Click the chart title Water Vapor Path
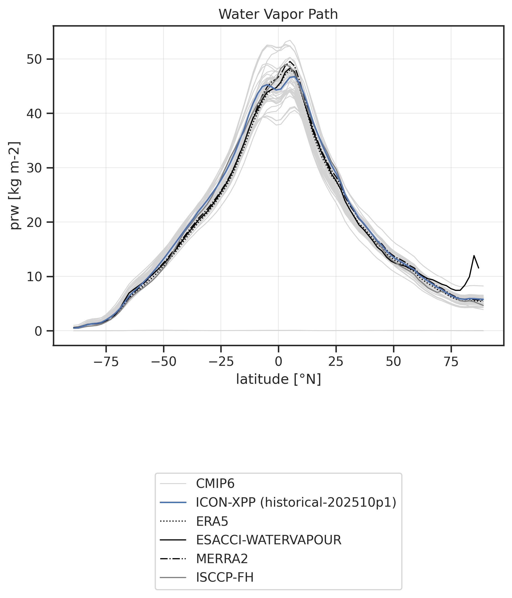pos(278,14)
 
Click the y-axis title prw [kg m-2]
pos(14,186)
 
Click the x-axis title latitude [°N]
pos(278,379)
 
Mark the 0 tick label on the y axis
pos(38,331)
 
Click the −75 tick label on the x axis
pos(106,362)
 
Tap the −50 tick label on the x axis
pos(163,362)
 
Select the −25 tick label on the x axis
pos(221,362)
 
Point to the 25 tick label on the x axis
pos(336,362)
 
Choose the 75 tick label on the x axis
pos(451,362)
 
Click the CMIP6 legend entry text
pos(215,484)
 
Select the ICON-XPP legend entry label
pos(296,503)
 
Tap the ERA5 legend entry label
pos(212,522)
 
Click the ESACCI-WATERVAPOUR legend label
pos(268,540)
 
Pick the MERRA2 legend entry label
pos(222,559)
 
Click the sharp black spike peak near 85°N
pos(474,255)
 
